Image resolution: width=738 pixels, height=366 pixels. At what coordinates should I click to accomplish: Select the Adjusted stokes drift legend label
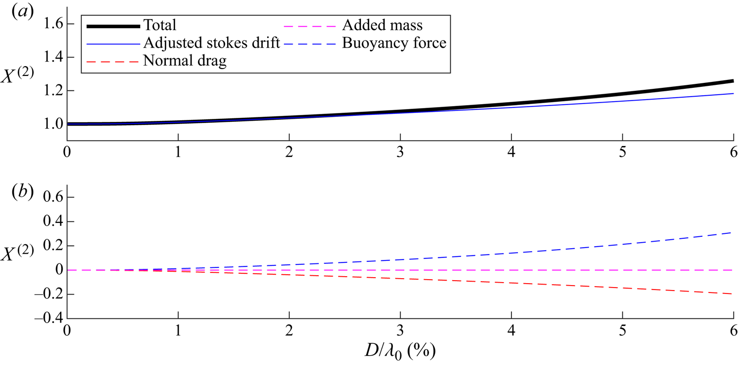point(212,43)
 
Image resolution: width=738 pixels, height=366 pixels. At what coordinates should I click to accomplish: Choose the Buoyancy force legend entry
point(398,43)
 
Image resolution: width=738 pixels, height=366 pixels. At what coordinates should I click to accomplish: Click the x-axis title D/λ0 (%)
point(400,353)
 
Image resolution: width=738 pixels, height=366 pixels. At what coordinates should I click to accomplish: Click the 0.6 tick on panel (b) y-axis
point(50,197)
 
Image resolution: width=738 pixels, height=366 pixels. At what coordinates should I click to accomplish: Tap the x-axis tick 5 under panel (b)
point(622,330)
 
